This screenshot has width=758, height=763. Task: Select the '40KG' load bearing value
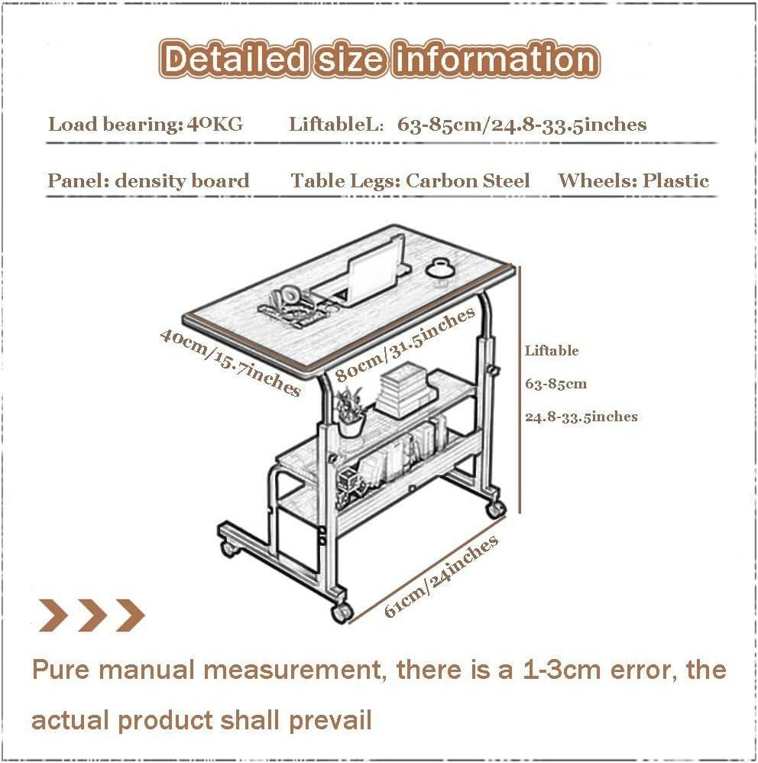click(x=215, y=124)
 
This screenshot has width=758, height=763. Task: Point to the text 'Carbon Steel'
click(x=468, y=181)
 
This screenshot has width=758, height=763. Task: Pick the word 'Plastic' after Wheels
click(x=675, y=181)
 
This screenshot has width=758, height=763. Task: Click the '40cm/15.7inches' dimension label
click(x=230, y=362)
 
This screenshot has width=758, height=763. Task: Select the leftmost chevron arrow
click(x=53, y=615)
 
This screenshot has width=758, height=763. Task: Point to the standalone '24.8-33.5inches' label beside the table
click(x=581, y=417)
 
